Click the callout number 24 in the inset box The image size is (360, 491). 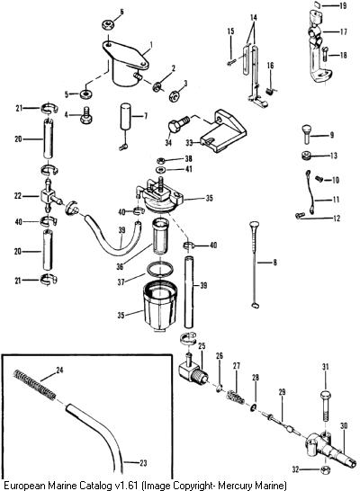(59, 370)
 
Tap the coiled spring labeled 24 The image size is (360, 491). (34, 385)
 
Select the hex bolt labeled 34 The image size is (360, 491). (179, 124)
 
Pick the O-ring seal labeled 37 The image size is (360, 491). (160, 271)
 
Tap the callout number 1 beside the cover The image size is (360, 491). (150, 45)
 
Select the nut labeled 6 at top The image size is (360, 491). (107, 24)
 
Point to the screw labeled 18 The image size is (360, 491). (325, 54)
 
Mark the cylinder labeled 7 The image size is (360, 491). (127, 117)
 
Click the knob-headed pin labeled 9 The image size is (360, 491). (306, 134)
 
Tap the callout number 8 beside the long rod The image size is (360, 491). (274, 262)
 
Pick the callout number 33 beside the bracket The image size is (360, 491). (189, 143)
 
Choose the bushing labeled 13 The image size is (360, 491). (306, 156)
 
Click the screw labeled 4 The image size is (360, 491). (85, 116)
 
